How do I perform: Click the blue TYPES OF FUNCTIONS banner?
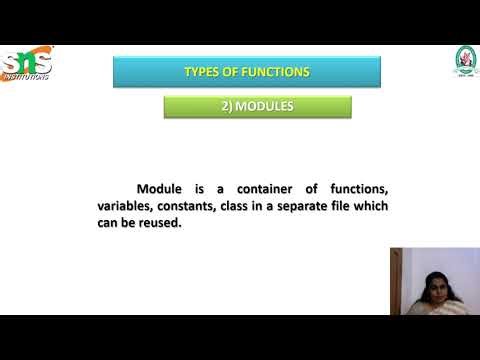[x=247, y=72]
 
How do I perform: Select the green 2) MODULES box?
[x=257, y=107]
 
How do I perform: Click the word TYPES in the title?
[x=203, y=72]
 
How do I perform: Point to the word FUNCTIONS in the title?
[x=273, y=72]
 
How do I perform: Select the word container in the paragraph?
[x=255, y=189]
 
